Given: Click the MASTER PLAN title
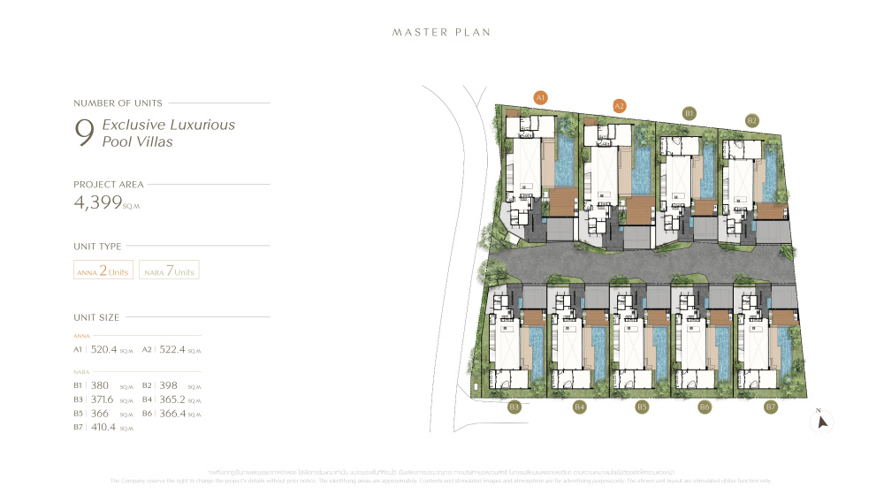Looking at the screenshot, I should pos(441,33).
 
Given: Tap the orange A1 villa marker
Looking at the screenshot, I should pos(541,97).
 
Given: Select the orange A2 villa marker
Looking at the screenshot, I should pos(620,106).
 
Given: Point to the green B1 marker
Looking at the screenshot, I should pos(690,113).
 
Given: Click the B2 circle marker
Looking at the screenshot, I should pos(752,120).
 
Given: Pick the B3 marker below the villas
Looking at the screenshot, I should pos(514,407).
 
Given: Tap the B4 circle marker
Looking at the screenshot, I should pos(580,407).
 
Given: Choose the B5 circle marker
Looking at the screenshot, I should pos(642,407).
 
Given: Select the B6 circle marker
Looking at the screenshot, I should pos(705,407).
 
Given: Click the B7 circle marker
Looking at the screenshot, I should pos(770,407).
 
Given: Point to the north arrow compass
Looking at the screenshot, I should pos(822,422).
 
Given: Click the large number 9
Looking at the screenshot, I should pos(85,133).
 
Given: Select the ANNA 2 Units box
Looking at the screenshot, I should pos(103,270).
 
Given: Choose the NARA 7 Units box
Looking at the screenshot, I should pos(169,270).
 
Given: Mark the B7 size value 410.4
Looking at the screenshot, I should pos(105,427).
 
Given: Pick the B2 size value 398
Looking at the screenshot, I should pos(169,385).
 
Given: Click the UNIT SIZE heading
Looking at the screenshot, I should pos(96,317).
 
